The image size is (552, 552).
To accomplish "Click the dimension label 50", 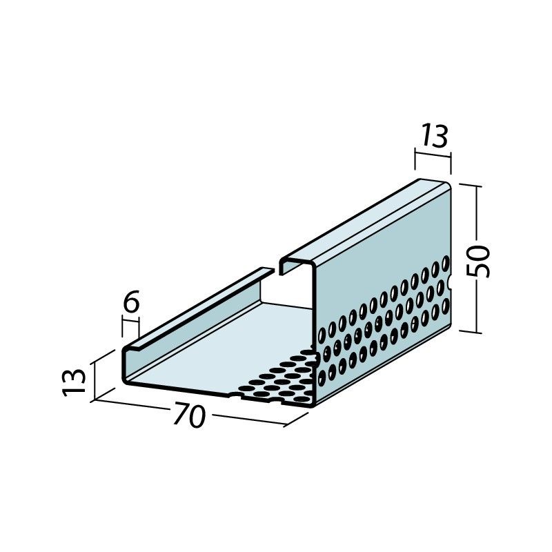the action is [x=477, y=261].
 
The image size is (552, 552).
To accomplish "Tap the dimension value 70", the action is [x=188, y=416].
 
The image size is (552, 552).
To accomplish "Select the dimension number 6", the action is [x=132, y=302].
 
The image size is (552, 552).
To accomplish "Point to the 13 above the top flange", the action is [x=435, y=136].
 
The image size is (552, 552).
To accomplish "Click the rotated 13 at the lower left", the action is [x=74, y=382].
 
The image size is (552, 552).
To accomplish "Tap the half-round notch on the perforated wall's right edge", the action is [x=450, y=282].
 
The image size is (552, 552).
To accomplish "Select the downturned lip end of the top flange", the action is [x=282, y=268].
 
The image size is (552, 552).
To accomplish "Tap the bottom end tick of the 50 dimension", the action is [x=470, y=331].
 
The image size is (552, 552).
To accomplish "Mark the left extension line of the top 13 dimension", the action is [x=415, y=164].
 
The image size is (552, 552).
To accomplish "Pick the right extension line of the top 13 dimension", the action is [x=451, y=164].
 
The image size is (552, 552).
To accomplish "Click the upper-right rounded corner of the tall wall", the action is [x=448, y=185].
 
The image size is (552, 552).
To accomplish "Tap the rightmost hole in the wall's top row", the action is [x=446, y=263].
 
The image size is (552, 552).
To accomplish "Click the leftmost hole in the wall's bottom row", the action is [x=322, y=377].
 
